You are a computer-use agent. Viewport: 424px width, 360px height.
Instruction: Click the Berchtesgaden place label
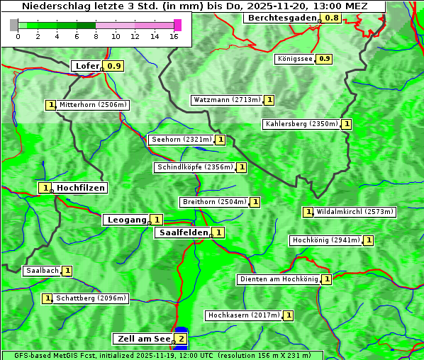pos(281,17)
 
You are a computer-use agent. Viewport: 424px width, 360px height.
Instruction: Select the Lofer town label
pos(87,66)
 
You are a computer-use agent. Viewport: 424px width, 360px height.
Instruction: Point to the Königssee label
pos(294,59)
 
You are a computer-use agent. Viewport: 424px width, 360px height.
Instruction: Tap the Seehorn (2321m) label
pos(182,140)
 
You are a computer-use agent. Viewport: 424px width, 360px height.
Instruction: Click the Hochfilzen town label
pos(81,188)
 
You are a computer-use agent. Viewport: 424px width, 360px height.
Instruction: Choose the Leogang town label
pos(126,220)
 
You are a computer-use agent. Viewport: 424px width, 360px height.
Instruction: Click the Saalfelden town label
pos(183,232)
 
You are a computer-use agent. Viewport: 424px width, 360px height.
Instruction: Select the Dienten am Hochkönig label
pos(278,279)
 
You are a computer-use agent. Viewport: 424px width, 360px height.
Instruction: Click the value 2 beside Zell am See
pos(182,339)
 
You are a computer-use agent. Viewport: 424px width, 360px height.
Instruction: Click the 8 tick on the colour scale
pos(96,35)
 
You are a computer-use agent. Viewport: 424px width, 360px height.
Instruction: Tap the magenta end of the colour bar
pos(177,25)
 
